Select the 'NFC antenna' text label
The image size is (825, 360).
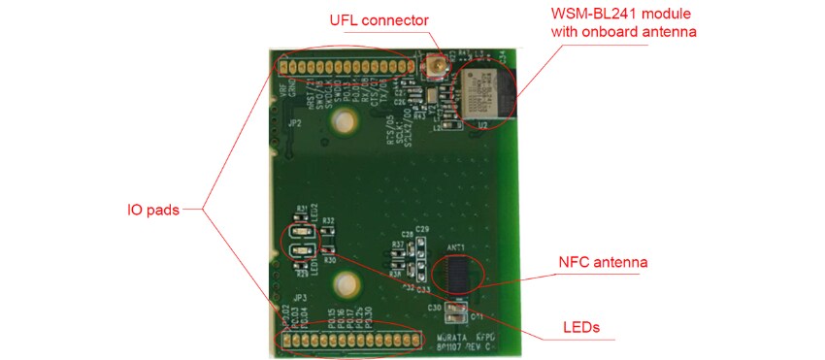coord(602,262)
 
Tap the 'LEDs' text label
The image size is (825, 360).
coord(580,327)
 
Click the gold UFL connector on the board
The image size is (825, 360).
coord(434,70)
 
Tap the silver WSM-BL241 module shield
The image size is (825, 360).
coord(484,91)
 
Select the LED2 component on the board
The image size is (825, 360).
coord(300,234)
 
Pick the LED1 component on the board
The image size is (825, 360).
coord(300,255)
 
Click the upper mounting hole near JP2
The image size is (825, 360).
coord(341,120)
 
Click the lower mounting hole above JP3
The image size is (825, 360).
coord(343,284)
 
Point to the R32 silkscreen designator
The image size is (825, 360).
coord(329,221)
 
